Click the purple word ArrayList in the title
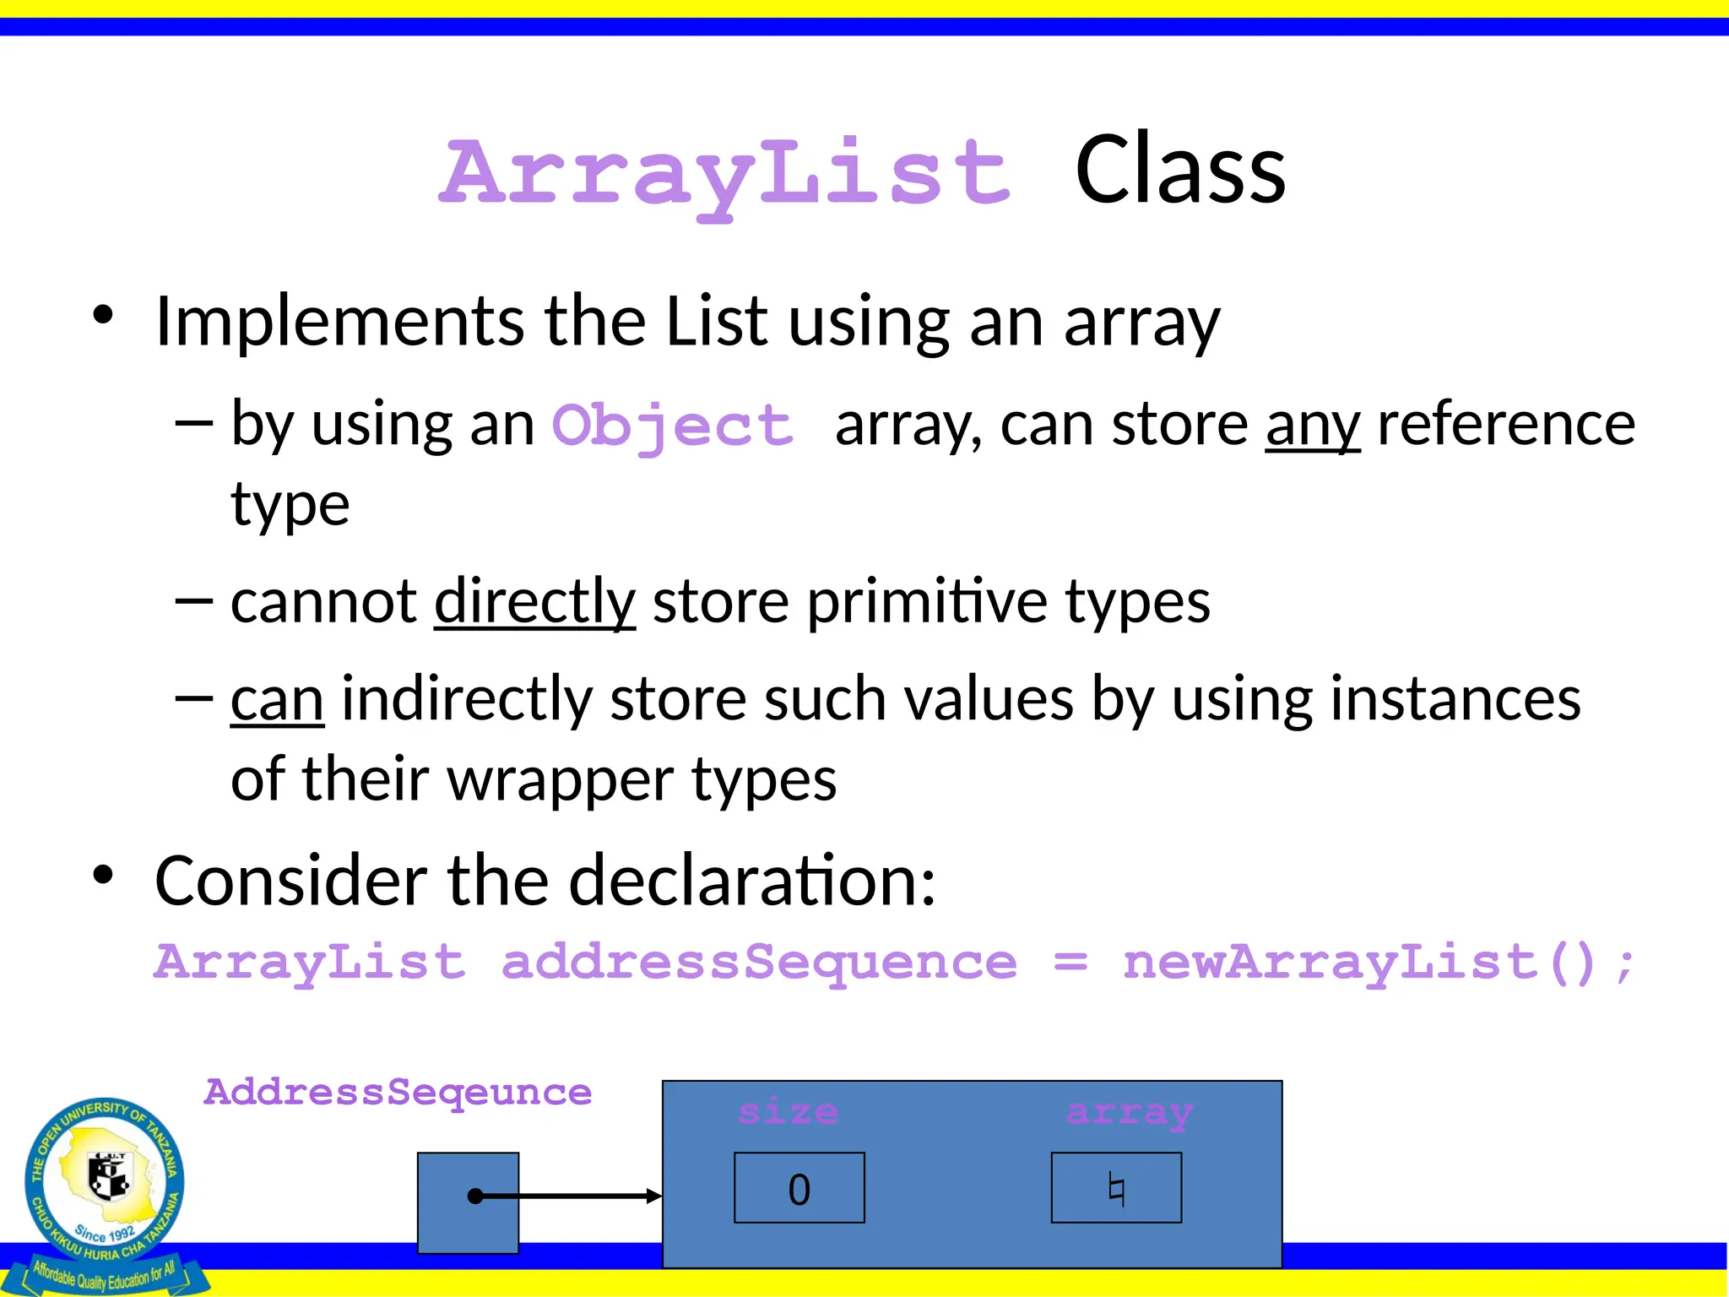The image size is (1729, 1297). coord(724,173)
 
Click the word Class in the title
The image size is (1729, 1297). coord(1179,171)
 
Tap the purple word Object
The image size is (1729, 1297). coord(673,425)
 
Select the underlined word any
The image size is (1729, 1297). coord(1312,425)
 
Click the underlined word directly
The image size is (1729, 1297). coord(534,601)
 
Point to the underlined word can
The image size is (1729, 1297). coord(277,699)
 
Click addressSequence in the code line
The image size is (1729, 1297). coord(758,963)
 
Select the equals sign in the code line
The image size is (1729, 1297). coord(1070,962)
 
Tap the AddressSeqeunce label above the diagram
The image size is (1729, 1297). coord(398,1092)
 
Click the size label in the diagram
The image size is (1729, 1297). coord(788,1111)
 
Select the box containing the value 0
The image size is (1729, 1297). coord(799,1187)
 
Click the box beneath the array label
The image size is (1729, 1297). coord(1115,1187)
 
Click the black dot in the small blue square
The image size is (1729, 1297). coord(475,1196)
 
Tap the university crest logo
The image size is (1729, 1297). coord(106,1182)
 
